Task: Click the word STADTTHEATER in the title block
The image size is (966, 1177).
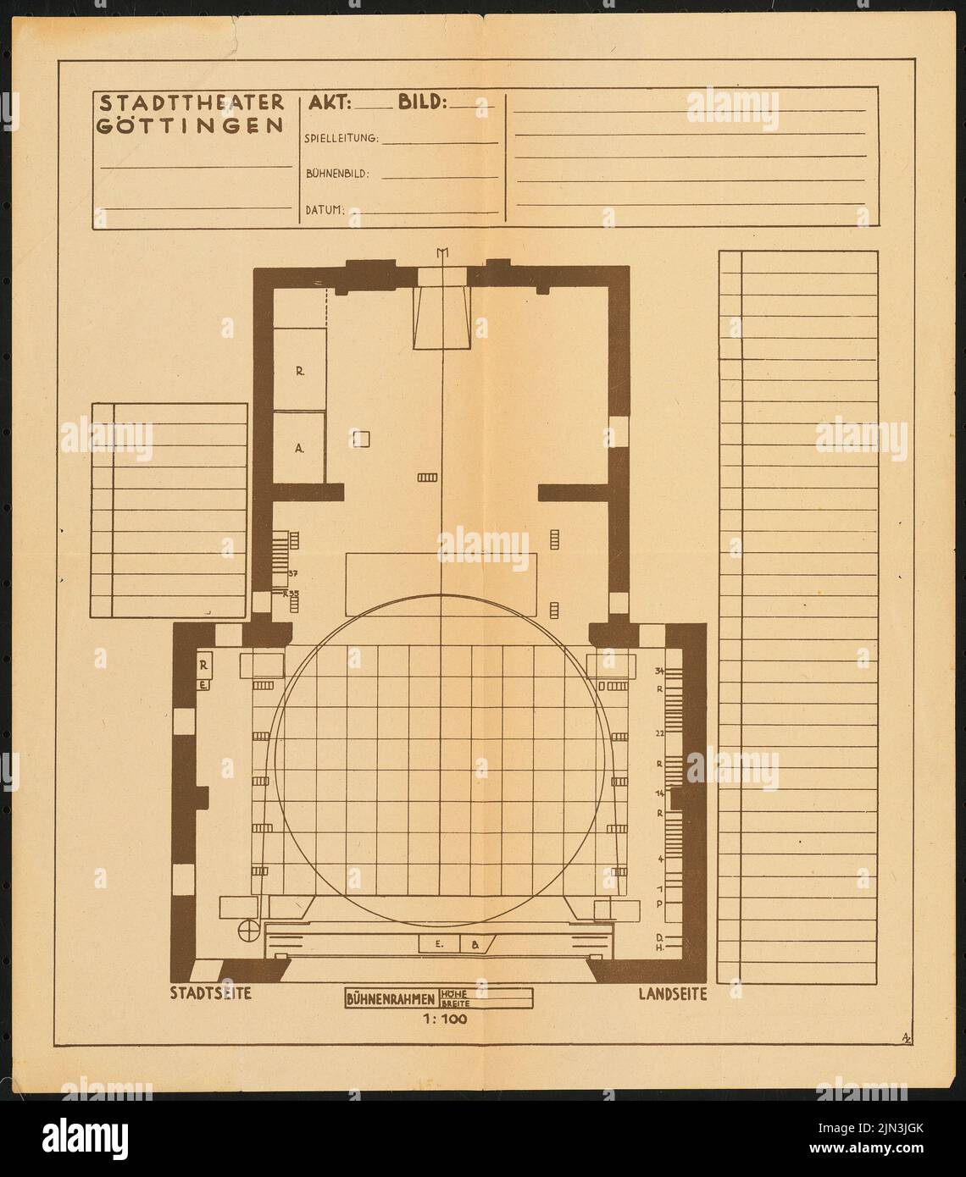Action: pyautogui.click(x=192, y=103)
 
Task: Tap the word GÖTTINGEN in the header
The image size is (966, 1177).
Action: pyautogui.click(x=192, y=125)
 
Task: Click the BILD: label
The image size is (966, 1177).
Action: pyautogui.click(x=421, y=103)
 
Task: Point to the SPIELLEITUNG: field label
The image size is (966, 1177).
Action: pyautogui.click(x=341, y=138)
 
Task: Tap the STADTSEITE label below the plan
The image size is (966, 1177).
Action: pyautogui.click(x=211, y=994)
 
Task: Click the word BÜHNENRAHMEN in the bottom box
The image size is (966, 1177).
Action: pyautogui.click(x=391, y=999)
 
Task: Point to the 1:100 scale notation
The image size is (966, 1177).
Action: pyautogui.click(x=445, y=1020)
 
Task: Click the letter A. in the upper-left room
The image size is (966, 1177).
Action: pyautogui.click(x=299, y=450)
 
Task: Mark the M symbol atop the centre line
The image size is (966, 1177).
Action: pyautogui.click(x=441, y=251)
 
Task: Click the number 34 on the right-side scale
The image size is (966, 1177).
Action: pyautogui.click(x=659, y=671)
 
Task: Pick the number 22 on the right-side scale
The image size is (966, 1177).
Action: pyautogui.click(x=659, y=733)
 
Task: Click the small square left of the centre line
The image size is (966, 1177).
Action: pyautogui.click(x=362, y=438)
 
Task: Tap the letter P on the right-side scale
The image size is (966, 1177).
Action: pyautogui.click(x=659, y=903)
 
